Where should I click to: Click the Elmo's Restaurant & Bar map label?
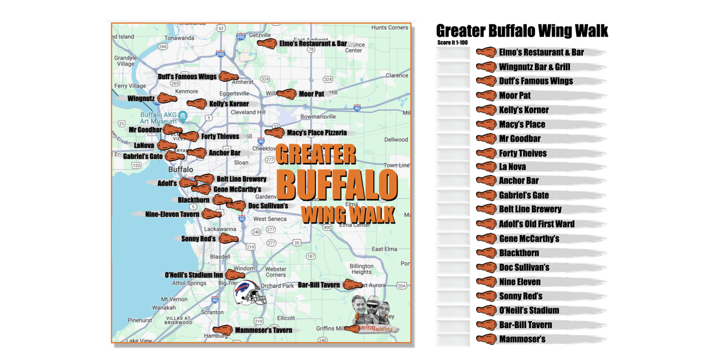(x=313, y=44)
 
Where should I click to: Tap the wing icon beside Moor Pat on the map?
(x=286, y=94)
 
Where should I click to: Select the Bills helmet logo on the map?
(x=249, y=293)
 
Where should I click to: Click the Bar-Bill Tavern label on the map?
(x=319, y=285)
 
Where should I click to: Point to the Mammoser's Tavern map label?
(x=263, y=330)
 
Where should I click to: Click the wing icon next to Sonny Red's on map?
(x=228, y=239)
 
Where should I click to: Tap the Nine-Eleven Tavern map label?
(x=172, y=214)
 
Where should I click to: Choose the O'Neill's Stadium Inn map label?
(x=194, y=275)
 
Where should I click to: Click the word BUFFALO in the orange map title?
(x=337, y=185)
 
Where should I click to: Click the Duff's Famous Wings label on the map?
(x=187, y=77)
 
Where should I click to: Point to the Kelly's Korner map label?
(x=229, y=104)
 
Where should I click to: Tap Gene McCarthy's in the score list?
(x=529, y=239)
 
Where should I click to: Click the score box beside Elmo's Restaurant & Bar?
(x=453, y=53)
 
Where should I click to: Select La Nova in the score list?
(x=512, y=167)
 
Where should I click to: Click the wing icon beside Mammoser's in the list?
(x=486, y=339)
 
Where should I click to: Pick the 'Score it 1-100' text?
(x=452, y=43)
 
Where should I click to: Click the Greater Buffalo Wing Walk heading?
(x=522, y=31)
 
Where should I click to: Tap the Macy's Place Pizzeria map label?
(x=317, y=132)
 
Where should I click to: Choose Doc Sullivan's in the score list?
(x=524, y=267)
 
